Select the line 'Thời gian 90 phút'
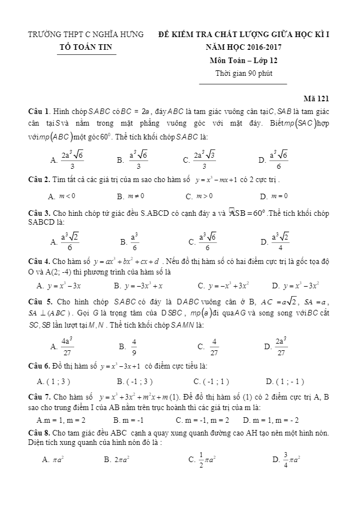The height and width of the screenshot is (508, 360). (244, 74)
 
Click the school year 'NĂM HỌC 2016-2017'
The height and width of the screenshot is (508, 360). (244, 48)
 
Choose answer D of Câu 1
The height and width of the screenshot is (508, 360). (274, 160)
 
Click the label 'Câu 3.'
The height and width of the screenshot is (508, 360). (40, 213)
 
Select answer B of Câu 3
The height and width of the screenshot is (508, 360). (131, 241)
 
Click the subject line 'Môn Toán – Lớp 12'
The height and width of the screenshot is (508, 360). (244, 60)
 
